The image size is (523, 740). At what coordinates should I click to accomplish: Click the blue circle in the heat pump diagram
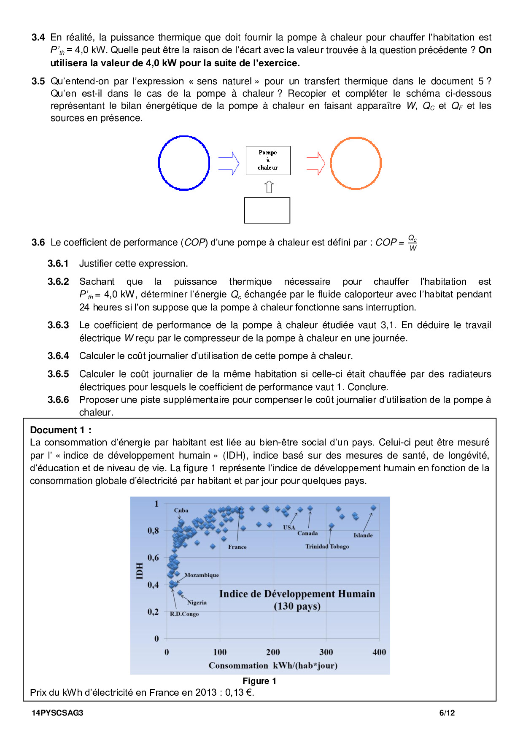click(x=184, y=163)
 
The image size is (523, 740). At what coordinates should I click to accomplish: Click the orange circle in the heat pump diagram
click(x=356, y=163)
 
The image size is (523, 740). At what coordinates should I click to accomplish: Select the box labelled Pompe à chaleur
click(x=268, y=160)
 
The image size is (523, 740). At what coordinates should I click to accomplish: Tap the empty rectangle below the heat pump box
click(x=267, y=210)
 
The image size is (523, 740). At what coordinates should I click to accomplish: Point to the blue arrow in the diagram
click(x=229, y=163)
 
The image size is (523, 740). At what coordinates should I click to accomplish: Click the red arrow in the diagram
click(x=315, y=163)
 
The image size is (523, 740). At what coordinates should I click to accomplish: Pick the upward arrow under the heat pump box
click(x=269, y=187)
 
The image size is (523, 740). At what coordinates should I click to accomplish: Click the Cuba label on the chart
click(x=181, y=510)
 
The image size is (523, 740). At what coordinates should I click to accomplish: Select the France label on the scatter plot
click(x=237, y=547)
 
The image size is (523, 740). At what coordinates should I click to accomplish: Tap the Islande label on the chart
click(x=363, y=535)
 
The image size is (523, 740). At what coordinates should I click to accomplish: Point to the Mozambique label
click(x=202, y=575)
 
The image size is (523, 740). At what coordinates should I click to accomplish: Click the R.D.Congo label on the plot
click(x=184, y=614)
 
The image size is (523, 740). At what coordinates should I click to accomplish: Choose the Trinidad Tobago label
click(x=327, y=546)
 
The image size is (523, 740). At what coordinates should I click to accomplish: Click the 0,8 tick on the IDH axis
click(x=153, y=530)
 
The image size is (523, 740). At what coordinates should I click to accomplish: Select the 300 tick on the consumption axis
click(x=326, y=652)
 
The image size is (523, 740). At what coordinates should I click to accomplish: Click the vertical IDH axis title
click(x=140, y=571)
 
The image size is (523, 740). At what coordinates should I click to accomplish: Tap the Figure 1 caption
click(x=259, y=681)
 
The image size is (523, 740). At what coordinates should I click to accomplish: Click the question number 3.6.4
click(x=58, y=356)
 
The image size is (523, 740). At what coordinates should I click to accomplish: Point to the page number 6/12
click(x=447, y=713)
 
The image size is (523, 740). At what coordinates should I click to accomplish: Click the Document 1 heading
click(x=61, y=430)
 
